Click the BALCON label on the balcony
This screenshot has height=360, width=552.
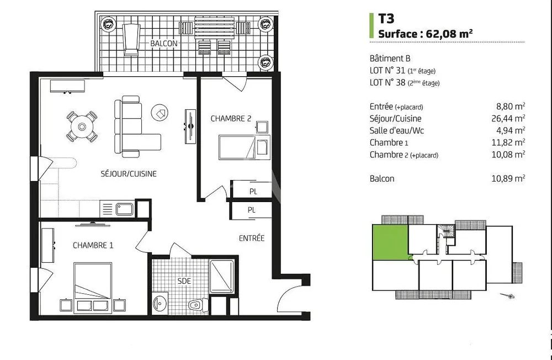164,43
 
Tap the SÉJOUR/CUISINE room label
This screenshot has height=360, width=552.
129,174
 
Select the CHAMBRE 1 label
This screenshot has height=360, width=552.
93,245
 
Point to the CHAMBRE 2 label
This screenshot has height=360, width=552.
231,119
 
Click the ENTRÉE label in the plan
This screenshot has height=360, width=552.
252,238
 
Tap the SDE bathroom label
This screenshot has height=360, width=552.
184,280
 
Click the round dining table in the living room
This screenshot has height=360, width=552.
82,126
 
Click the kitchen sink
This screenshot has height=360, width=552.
125,209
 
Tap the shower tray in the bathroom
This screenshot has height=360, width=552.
222,277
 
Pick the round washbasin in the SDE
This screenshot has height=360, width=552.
160,303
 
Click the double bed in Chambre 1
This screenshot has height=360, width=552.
93,288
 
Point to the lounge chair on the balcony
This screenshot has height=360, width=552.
131,39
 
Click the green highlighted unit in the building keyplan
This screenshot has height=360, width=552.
391,242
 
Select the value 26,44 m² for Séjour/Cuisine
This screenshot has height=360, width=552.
508,118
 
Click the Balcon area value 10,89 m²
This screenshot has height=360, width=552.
508,178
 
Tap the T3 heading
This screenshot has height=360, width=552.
386,18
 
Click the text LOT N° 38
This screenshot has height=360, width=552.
388,82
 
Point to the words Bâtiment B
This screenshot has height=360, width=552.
390,59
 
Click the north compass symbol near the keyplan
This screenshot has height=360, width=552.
508,295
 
